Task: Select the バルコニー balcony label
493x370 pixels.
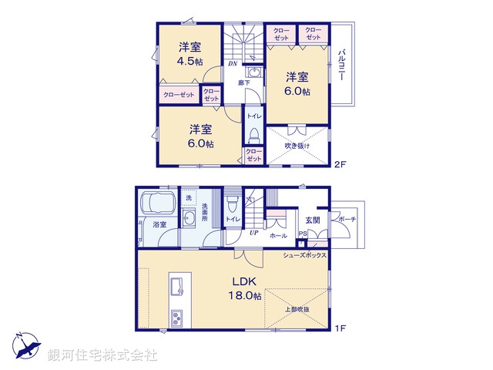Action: (341, 66)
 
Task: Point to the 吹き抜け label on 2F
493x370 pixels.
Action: (297, 146)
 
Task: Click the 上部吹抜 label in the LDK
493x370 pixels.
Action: (296, 309)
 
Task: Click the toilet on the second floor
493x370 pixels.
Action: (253, 136)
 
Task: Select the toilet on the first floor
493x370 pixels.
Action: (232, 203)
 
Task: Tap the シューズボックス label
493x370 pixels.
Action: (305, 254)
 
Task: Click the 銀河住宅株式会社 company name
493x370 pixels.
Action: (102, 355)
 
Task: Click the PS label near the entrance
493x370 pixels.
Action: (302, 234)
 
